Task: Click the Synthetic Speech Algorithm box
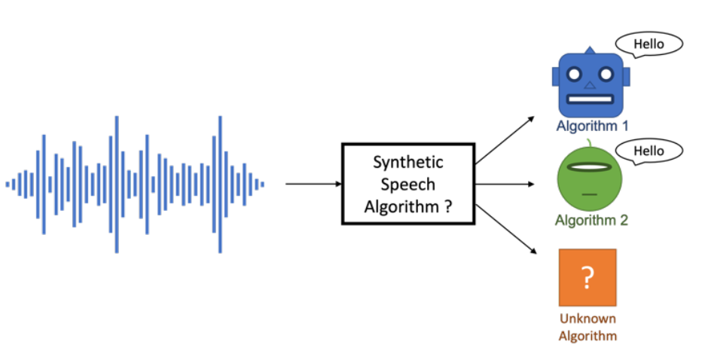(408, 184)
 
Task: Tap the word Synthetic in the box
(408, 162)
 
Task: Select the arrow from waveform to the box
(313, 183)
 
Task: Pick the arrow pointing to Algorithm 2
(505, 183)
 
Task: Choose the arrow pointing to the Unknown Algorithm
(505, 225)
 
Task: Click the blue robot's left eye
(575, 75)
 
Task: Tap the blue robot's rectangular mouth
(590, 99)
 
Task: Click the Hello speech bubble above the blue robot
(648, 44)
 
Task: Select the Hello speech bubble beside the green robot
(648, 151)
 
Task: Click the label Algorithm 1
(591, 125)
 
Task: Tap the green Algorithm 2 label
(591, 221)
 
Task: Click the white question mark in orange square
(587, 278)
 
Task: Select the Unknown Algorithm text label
(587, 327)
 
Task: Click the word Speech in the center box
(408, 185)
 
